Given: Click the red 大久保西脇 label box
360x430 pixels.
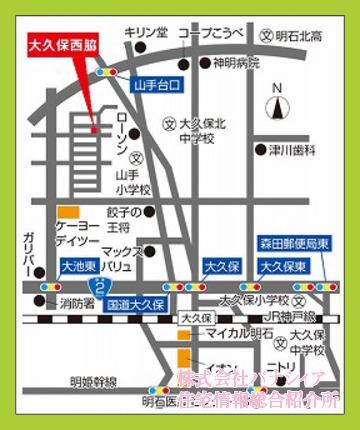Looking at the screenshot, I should (62, 46).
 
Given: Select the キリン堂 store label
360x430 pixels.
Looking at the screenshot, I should (146, 33).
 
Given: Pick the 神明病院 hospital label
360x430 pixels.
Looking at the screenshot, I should (236, 63).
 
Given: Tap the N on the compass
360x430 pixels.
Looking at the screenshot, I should (278, 87).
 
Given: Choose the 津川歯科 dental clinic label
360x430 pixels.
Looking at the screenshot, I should (291, 150).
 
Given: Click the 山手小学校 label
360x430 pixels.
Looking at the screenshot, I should (131, 182).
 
